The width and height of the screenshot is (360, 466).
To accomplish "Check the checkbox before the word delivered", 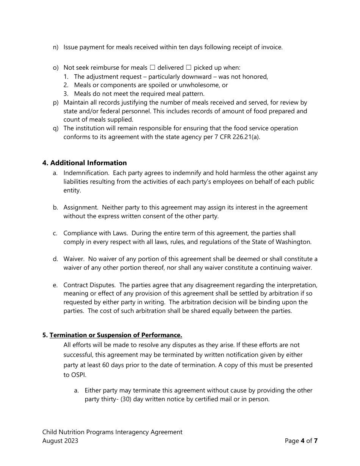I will click(152, 68).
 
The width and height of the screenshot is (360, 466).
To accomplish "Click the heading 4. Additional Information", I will click(85, 163).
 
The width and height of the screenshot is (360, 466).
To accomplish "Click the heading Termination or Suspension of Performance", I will click(116, 335).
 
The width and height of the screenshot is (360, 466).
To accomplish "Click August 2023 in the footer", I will click(60, 441).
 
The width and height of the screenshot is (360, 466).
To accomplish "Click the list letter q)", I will click(56, 128).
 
